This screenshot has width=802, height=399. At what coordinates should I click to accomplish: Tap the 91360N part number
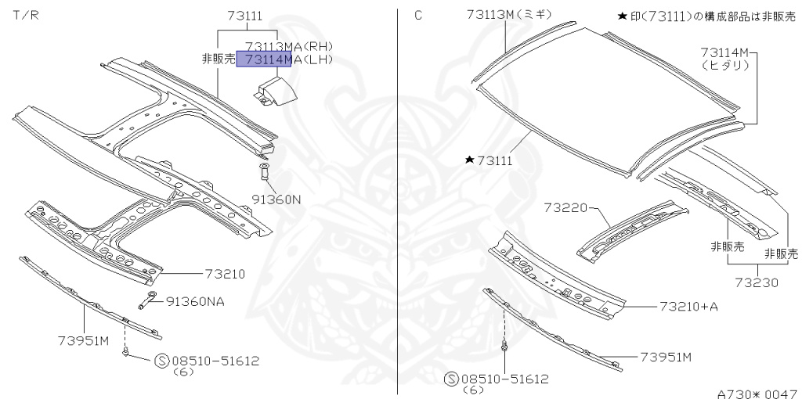pos(276,199)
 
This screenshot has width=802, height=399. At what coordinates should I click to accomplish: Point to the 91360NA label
pos(194,301)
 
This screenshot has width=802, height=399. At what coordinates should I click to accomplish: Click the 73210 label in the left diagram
pos(225,274)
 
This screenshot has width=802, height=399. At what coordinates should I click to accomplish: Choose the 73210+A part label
pos(688,306)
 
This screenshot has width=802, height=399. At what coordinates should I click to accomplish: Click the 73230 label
pos(757,282)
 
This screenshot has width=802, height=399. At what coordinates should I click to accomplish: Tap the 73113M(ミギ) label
pos(511,14)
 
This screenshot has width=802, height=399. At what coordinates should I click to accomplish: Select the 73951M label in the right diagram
pos(666,357)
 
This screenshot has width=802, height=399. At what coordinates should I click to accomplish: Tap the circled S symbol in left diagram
pos(161,361)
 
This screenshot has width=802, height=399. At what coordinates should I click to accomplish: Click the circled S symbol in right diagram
pos(451,379)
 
